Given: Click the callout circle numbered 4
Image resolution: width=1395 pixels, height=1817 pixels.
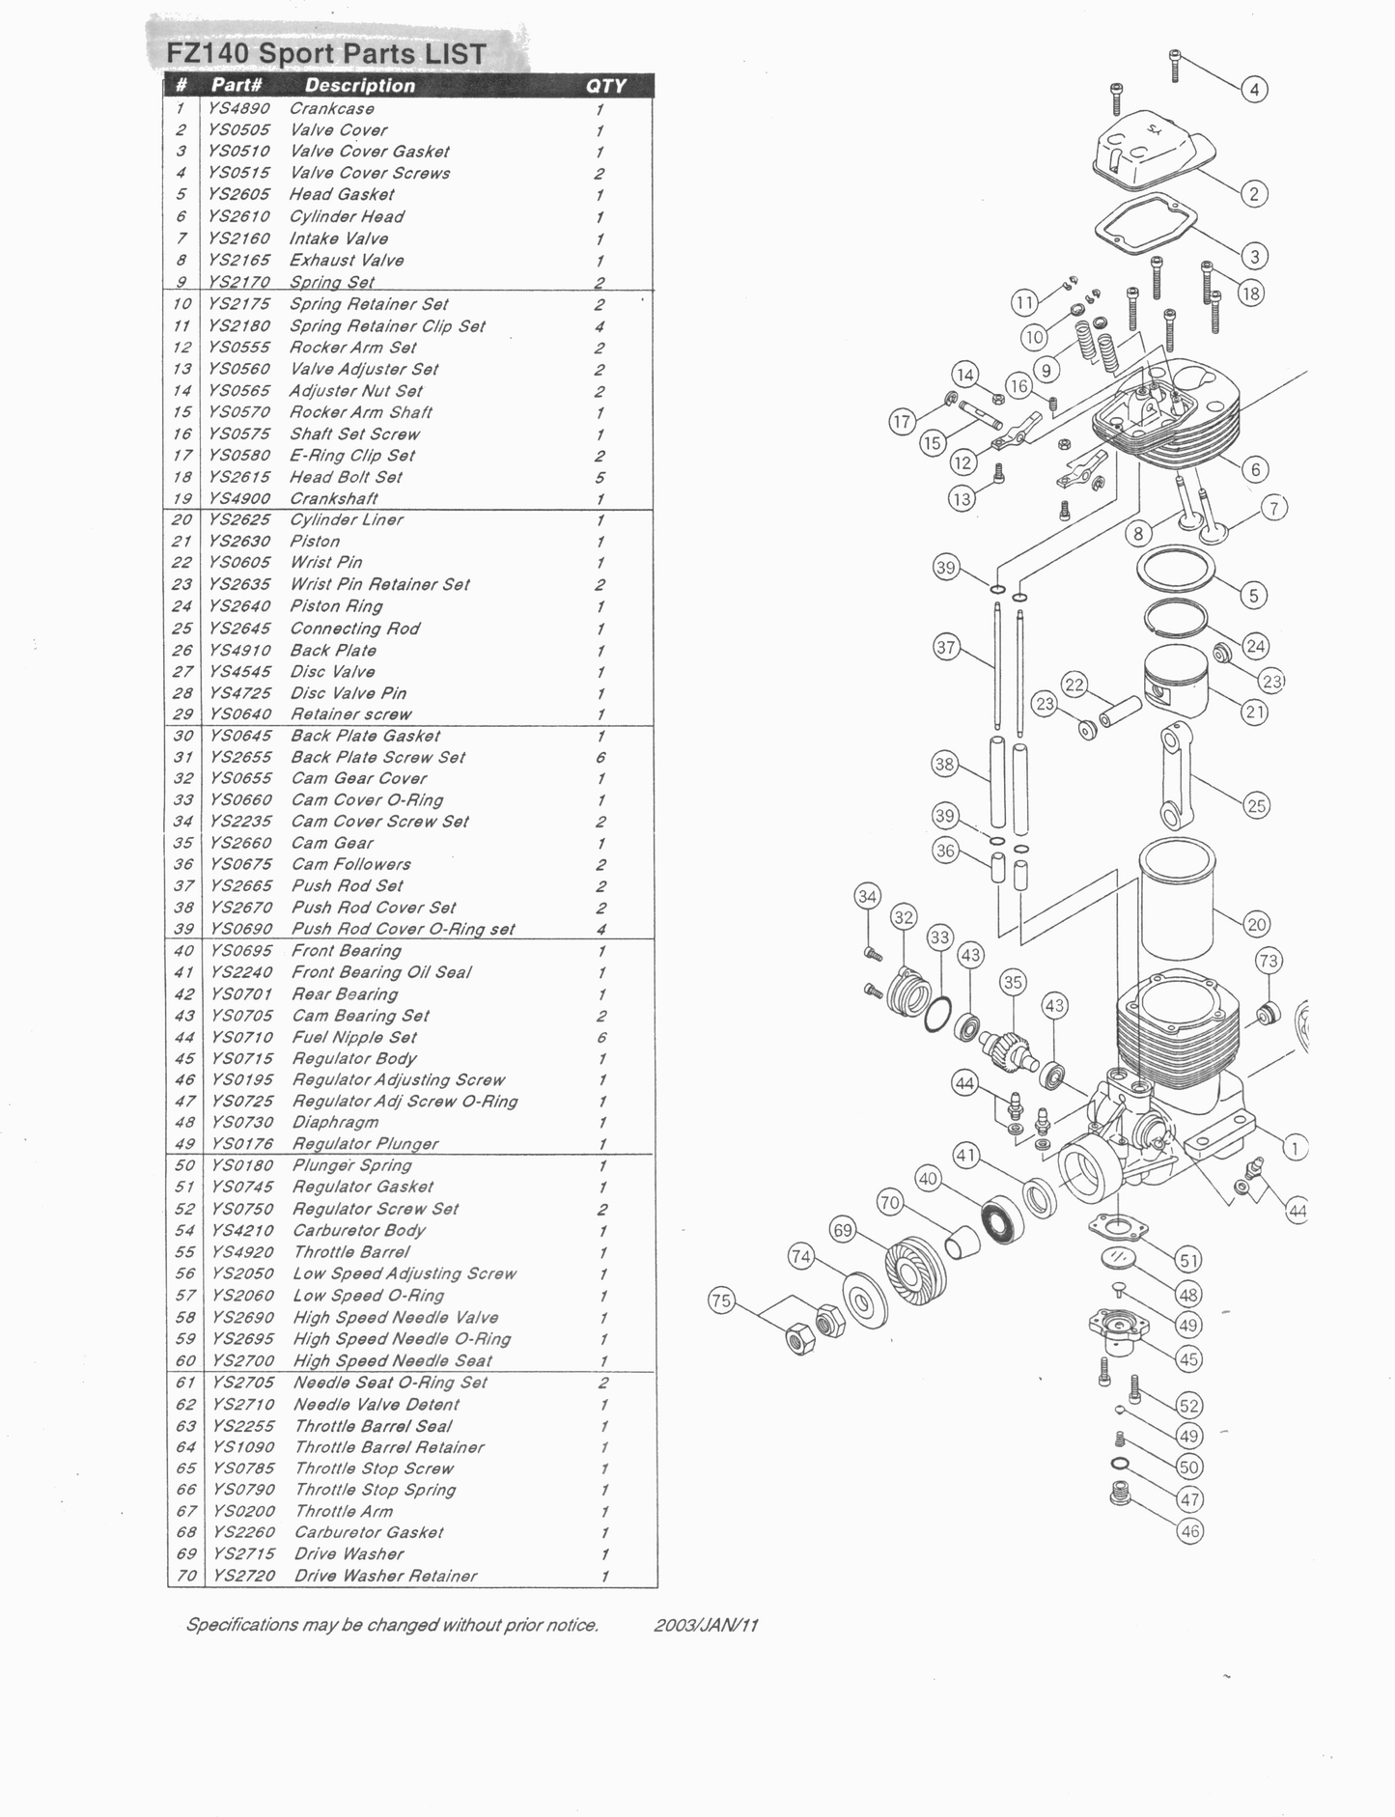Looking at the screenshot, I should [x=1254, y=90].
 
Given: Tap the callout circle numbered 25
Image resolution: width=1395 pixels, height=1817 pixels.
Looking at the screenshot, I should [x=1256, y=805].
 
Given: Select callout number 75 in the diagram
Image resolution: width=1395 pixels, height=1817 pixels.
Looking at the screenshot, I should [x=721, y=1300].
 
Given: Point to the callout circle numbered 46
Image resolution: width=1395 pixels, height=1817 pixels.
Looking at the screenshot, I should [x=1190, y=1531].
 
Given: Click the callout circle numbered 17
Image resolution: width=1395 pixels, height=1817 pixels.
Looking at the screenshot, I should [x=902, y=422].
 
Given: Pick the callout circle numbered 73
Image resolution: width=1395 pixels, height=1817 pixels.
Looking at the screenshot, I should [x=1269, y=961].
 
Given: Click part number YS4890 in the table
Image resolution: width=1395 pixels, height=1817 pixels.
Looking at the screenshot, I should [x=238, y=109].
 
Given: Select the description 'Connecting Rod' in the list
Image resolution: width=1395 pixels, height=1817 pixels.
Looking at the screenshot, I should [x=354, y=629].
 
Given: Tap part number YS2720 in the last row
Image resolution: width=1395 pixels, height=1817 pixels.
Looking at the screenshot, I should [x=243, y=1576].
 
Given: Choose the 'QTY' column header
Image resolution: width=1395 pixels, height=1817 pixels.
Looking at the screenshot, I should [x=605, y=86].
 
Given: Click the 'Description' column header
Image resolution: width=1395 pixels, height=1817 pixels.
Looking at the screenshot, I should [x=359, y=86].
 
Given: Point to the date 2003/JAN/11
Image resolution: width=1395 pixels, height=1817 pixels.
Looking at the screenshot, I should [x=706, y=1625].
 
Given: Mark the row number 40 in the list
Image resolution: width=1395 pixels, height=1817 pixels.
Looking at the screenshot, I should [x=183, y=951].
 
